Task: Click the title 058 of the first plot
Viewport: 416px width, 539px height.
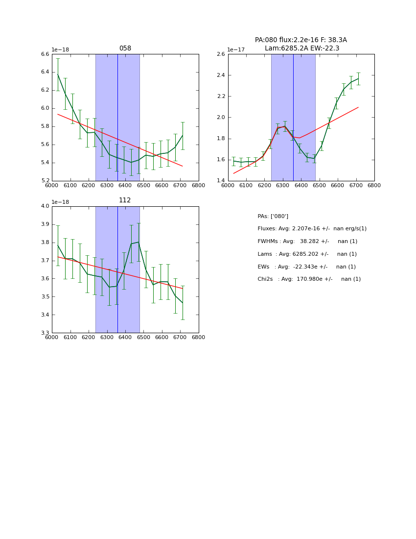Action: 125,49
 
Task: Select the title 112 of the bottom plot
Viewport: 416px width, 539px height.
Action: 125,200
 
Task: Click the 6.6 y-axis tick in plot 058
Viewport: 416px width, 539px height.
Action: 45,54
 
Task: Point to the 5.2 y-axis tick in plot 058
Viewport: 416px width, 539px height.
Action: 45,181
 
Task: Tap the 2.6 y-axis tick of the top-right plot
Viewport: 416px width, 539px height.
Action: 220,54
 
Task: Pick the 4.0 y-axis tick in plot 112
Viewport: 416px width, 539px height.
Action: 45,206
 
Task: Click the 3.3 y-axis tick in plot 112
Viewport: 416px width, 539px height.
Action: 45,333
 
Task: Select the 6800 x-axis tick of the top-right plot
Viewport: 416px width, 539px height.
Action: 374,185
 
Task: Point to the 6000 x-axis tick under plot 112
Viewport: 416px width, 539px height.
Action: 51,337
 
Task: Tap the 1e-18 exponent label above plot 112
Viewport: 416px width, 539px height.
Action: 60,202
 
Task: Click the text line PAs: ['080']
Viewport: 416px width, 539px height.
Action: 273,216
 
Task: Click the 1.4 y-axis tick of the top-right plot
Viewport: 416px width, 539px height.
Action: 220,181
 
